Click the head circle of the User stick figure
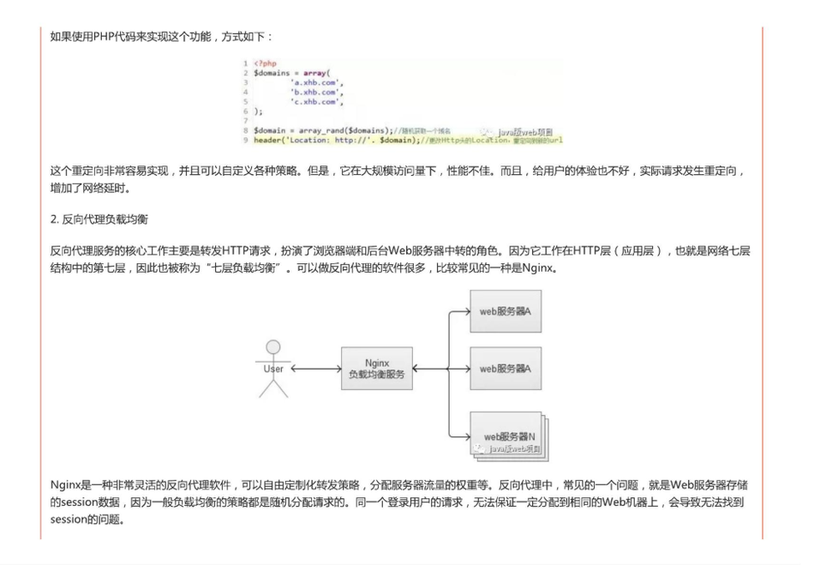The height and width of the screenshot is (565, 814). (273, 347)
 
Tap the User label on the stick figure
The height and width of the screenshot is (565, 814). (273, 369)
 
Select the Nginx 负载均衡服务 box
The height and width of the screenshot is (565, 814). (377, 369)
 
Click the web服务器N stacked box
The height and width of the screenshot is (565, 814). (509, 436)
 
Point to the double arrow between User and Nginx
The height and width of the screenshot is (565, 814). (316, 369)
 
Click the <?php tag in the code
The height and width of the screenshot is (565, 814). (265, 63)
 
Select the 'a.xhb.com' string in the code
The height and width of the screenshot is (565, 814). (316, 82)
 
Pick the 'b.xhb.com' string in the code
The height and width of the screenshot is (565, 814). (316, 92)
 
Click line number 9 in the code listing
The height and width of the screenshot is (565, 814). (245, 140)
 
